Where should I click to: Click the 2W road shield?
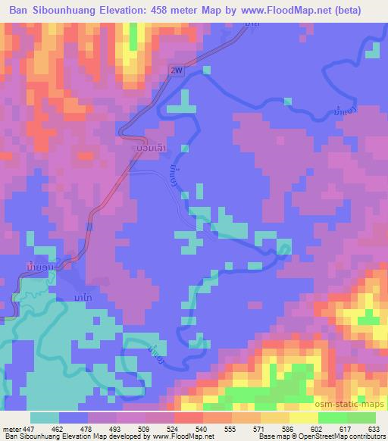[177, 70]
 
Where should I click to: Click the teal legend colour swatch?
[45, 418]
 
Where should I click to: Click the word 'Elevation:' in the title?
[136, 11]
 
